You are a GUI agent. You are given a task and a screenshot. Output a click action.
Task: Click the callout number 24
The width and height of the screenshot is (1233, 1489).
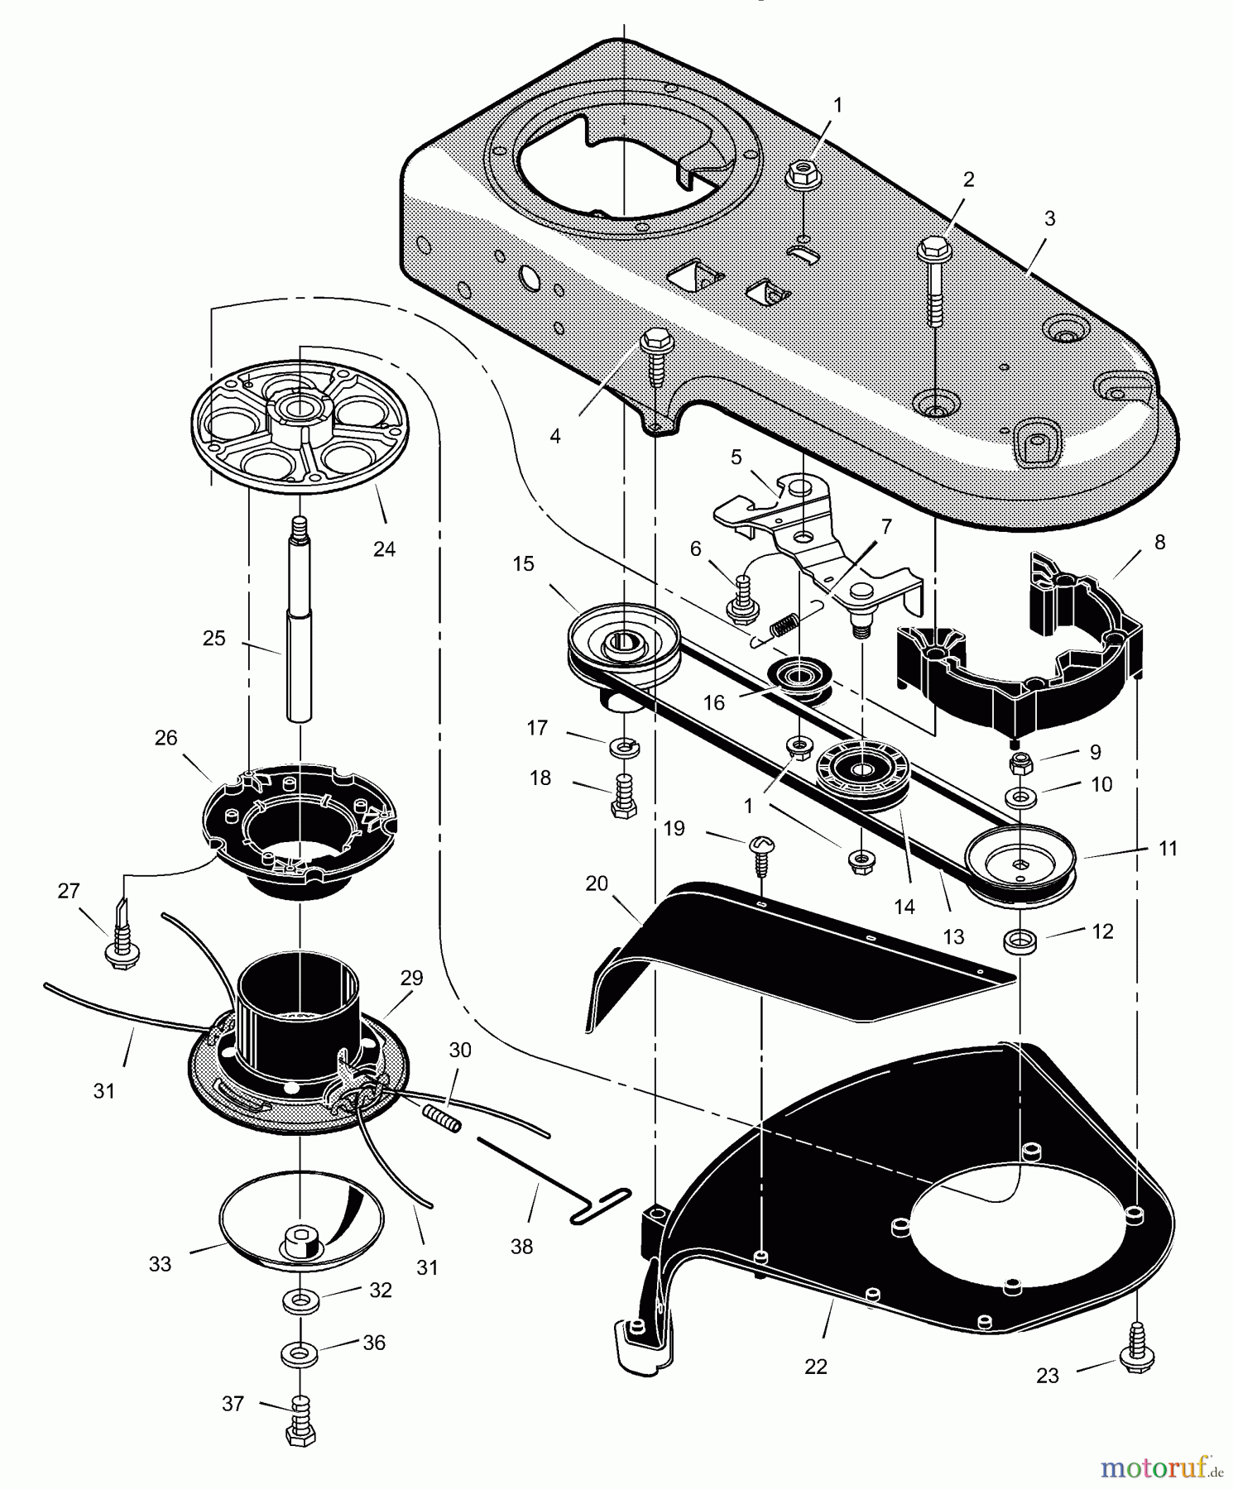[384, 548]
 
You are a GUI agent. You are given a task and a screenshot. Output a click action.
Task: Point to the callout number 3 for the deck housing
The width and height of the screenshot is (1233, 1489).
[1049, 219]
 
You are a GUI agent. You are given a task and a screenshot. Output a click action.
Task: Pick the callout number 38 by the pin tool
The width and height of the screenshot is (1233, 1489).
[521, 1246]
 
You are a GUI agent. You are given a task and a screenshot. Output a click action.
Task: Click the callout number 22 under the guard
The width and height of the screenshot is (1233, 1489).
[816, 1367]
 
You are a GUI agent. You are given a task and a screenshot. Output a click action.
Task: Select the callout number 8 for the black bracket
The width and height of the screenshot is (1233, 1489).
[1159, 542]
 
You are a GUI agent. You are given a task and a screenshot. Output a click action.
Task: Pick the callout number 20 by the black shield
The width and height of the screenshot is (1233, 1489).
[596, 883]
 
